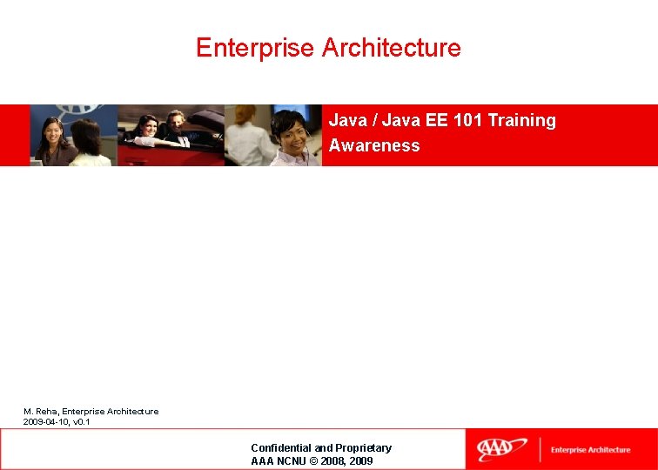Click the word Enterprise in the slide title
(x=256, y=48)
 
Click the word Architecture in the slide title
(x=392, y=48)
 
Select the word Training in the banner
(x=521, y=120)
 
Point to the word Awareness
(x=374, y=145)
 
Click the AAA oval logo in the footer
(x=501, y=449)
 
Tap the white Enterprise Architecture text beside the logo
(x=590, y=450)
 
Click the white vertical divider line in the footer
(x=540, y=449)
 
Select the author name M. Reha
(x=40, y=411)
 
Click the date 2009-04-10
(x=45, y=422)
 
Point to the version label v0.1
(x=81, y=422)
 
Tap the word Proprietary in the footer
(x=364, y=447)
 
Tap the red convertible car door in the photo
(x=148, y=152)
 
